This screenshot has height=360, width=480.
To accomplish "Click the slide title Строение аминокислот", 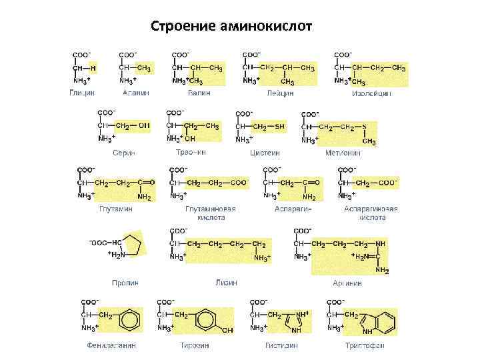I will [236, 27].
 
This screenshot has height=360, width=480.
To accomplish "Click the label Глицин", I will [82, 93].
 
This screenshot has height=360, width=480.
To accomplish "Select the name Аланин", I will [135, 93].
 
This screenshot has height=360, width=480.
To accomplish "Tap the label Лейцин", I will [280, 93].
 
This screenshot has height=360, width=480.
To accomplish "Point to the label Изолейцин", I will [371, 93].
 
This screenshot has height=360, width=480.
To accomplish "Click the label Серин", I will [123, 153].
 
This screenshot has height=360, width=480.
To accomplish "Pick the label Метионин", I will [343, 153].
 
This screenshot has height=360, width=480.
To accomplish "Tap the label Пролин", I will [125, 283].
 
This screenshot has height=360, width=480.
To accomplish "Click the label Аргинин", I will [347, 283].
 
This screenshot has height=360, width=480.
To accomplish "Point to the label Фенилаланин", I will [111, 345].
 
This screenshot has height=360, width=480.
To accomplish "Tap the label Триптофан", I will [365, 345].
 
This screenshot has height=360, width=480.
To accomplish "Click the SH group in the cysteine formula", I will [279, 126].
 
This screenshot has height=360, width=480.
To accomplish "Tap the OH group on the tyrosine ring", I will [227, 330].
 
